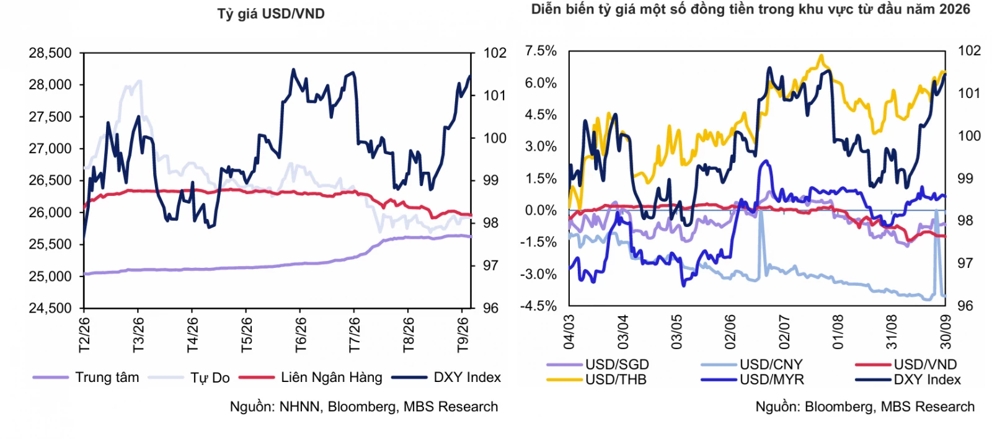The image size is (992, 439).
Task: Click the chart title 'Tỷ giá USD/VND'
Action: point(271,14)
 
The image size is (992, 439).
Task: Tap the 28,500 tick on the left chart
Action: point(50,53)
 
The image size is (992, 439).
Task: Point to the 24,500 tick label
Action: point(50,308)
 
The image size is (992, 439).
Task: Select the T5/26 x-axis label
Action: point(246,335)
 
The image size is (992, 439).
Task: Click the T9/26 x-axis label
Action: point(463,335)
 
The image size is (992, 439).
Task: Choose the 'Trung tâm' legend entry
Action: point(86,378)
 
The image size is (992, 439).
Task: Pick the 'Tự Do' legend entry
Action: point(189,378)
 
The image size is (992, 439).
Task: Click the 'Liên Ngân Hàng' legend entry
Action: point(311,378)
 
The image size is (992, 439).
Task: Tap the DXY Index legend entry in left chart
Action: point(446,378)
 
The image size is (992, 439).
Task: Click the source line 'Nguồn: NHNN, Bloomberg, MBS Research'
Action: point(363,407)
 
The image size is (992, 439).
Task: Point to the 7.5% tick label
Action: point(541,51)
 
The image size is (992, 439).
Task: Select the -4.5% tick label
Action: point(538,306)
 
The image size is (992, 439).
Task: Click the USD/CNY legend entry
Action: point(752,365)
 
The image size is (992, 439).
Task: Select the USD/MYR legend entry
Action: point(753,379)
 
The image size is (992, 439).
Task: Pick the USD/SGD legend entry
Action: point(598,365)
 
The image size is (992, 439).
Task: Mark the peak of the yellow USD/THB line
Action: point(821,55)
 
